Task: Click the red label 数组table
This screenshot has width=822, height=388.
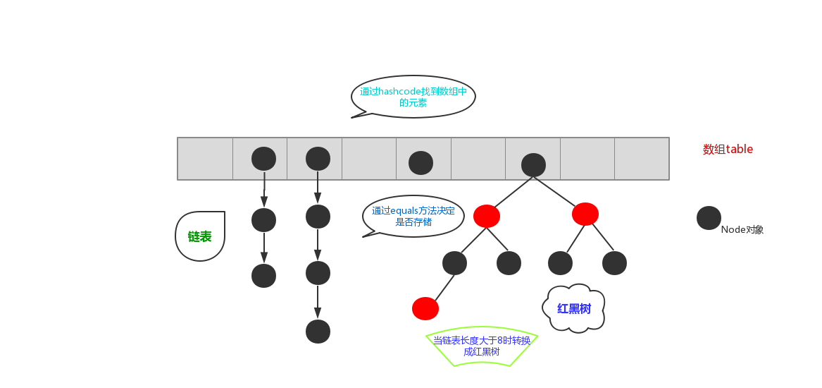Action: point(728,149)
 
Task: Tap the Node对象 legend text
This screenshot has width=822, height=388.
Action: point(742,229)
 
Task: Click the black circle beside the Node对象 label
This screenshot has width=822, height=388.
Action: point(709,218)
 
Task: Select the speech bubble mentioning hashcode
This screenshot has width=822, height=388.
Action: point(413,97)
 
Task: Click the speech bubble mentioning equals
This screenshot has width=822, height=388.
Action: point(413,216)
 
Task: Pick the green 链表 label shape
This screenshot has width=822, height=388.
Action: point(200,236)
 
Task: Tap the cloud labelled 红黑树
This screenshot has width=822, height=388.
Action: point(574,308)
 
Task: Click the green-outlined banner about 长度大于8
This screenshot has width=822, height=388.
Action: point(482,346)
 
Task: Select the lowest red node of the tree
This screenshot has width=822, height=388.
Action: point(425,308)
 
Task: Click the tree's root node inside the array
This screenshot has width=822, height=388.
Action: point(533,164)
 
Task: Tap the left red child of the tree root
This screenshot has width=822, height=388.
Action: point(487,216)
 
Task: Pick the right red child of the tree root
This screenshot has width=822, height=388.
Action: point(585,214)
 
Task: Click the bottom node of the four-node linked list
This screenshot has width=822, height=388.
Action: point(318,331)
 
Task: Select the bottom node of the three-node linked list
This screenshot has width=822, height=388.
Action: point(263,275)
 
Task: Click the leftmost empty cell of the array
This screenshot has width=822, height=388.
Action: point(205,159)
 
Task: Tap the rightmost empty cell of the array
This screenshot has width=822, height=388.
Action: point(642,159)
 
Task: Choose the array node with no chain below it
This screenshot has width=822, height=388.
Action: point(421,163)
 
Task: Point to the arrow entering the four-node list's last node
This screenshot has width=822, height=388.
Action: point(318,302)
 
